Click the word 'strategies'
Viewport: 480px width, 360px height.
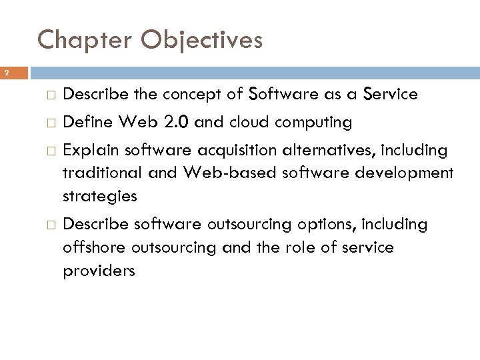click(x=100, y=197)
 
